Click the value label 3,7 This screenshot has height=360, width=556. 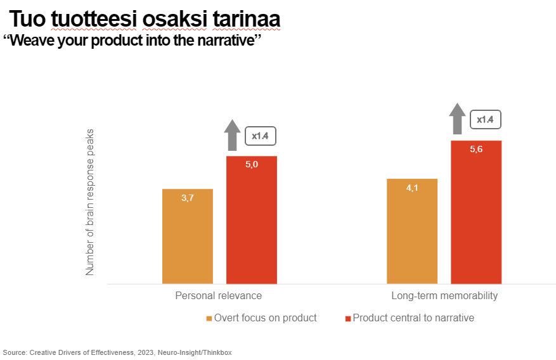(188, 198)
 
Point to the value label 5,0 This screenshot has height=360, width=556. (252, 165)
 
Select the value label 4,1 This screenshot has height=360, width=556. (412, 188)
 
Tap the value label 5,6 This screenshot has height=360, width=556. (476, 150)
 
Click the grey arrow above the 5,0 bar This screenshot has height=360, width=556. (233, 134)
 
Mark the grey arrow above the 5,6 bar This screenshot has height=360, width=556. (457, 119)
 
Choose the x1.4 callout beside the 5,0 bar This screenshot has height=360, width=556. (261, 136)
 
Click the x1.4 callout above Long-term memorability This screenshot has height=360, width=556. (485, 119)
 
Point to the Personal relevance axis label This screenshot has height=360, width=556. (218, 296)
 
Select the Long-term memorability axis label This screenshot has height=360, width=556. (444, 296)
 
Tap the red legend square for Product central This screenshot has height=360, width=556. (347, 318)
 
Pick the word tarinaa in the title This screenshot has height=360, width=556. (247, 20)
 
